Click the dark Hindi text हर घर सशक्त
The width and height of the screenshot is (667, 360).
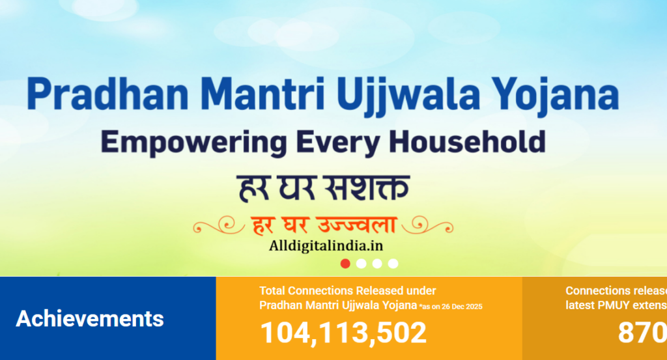click(x=322, y=187)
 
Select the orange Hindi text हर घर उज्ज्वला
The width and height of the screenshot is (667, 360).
click(x=324, y=225)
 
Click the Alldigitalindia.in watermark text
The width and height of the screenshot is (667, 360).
click(x=326, y=245)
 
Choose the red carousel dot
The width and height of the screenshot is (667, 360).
click(x=345, y=264)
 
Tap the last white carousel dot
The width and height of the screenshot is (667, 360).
click(x=393, y=264)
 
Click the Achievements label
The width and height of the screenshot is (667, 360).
click(x=90, y=319)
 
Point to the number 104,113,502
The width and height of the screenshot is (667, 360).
click(x=343, y=333)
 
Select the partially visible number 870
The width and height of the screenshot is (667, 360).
click(x=642, y=333)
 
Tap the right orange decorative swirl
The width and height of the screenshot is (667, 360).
click(x=429, y=225)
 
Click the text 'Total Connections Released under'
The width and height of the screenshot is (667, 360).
click(x=347, y=291)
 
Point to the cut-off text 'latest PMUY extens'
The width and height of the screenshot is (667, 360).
click(x=616, y=305)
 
